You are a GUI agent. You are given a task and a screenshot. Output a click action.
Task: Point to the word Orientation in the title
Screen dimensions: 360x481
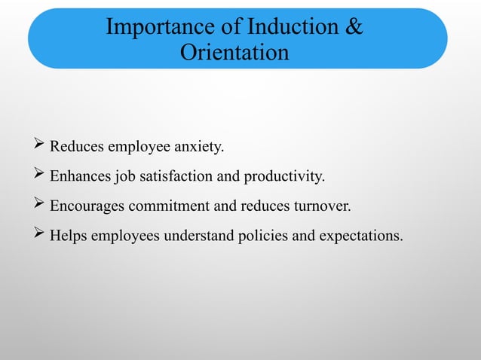tap(234, 53)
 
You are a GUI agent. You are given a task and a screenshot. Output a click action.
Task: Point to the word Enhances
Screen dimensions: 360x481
tap(81, 177)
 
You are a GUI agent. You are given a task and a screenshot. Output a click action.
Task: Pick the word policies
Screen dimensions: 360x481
tap(262, 236)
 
